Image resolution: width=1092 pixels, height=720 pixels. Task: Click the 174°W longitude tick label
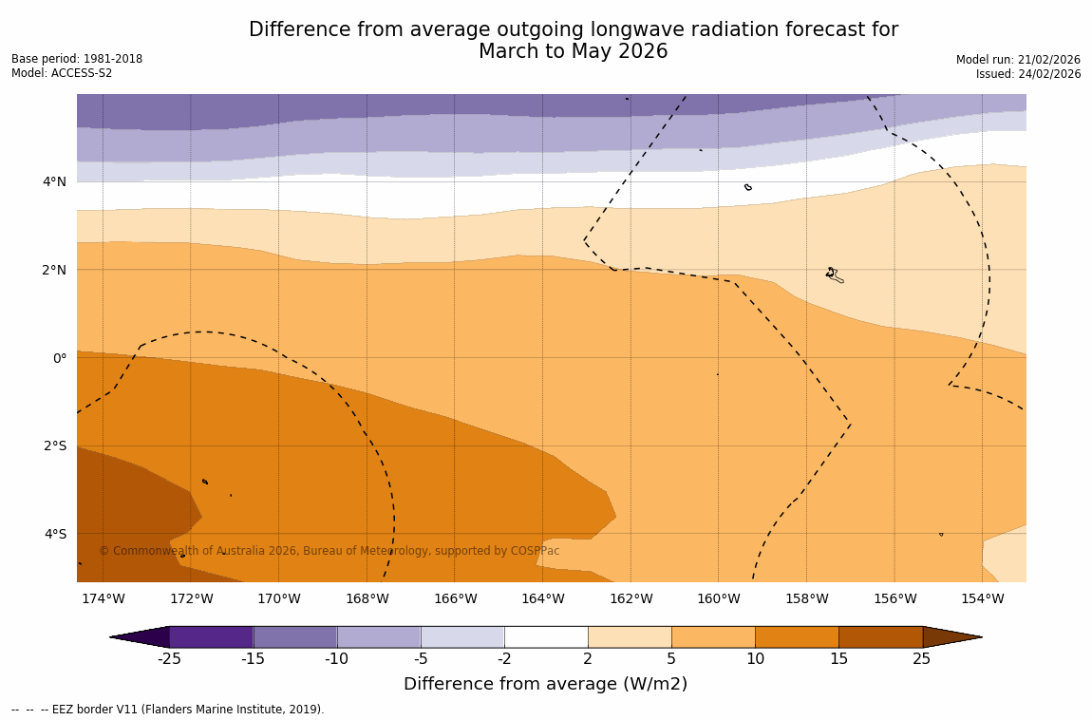point(103,598)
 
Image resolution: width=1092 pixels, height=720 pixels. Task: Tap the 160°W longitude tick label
point(718,598)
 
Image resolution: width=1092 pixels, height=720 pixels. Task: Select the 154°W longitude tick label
point(982,598)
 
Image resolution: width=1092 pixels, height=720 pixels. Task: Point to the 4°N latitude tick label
point(54,181)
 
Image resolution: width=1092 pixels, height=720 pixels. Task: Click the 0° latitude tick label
point(59,358)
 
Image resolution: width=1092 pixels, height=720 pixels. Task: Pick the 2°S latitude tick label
point(54,445)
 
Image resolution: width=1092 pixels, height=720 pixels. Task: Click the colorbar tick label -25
point(169,659)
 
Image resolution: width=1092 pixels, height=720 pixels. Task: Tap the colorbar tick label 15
point(838,659)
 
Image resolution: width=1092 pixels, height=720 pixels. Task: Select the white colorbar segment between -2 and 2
point(546,636)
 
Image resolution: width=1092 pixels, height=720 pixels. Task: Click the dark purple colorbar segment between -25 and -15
point(211,636)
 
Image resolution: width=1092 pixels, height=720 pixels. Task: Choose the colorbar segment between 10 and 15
point(797,636)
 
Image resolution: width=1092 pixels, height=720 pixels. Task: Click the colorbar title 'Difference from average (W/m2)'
point(545,684)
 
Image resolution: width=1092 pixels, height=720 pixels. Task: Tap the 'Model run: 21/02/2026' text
point(1018,60)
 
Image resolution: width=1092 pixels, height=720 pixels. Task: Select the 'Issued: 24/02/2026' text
point(1027,74)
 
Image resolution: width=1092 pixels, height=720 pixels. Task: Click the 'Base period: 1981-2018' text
point(77,59)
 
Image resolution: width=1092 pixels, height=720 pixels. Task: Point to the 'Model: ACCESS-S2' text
point(62,73)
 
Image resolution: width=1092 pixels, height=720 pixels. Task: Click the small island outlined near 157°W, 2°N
point(833,275)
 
